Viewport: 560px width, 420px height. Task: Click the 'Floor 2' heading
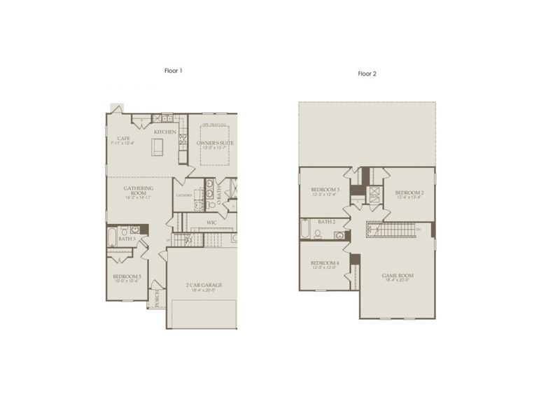[x=367, y=73]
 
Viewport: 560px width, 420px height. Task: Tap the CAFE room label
[x=123, y=139]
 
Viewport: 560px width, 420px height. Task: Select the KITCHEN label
[x=165, y=132]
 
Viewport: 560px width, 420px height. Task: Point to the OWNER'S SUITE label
[x=215, y=143]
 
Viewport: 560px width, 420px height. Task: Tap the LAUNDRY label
[x=184, y=195]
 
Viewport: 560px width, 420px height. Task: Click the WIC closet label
[x=211, y=223]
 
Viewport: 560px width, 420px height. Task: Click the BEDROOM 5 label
[x=127, y=276]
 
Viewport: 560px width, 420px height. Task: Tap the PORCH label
[x=157, y=298]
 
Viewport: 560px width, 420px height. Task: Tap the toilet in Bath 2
[x=318, y=234]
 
